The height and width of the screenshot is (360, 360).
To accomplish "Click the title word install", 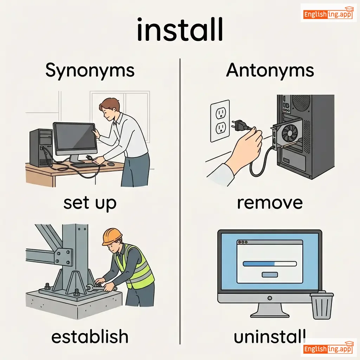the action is click(x=180, y=30).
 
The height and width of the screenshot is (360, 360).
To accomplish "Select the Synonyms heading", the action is click(x=90, y=70).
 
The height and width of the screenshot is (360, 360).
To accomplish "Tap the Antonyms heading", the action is click(x=270, y=70).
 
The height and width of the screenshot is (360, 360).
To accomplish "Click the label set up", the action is click(x=90, y=204).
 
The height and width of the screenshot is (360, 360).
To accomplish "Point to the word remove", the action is click(x=270, y=203).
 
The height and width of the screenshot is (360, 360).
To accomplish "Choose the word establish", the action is click(x=90, y=336).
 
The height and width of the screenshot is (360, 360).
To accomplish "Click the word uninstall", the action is click(x=270, y=336).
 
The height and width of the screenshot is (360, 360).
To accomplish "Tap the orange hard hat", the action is click(x=112, y=236).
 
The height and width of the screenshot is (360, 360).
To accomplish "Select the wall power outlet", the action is click(x=220, y=121).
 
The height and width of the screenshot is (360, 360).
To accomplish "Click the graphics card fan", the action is click(x=290, y=133).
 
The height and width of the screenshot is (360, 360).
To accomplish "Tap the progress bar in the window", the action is click(x=270, y=264).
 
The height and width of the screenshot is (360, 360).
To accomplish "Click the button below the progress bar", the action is click(x=270, y=275).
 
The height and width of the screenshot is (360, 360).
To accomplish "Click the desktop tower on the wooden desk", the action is click(x=41, y=148).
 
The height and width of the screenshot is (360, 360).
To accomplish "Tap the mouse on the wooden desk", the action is click(x=111, y=164).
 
